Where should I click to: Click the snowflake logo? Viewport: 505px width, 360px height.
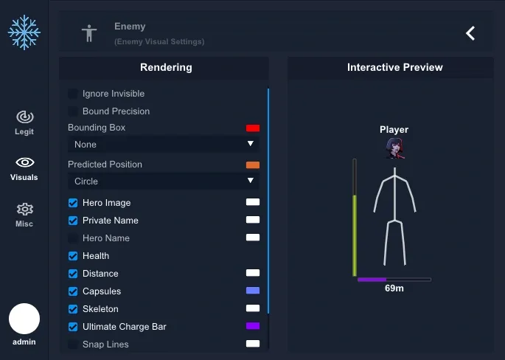pyautogui.click(x=24, y=32)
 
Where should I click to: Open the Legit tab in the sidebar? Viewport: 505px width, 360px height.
pyautogui.click(x=24, y=122)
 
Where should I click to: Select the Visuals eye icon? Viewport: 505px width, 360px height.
pyautogui.click(x=25, y=162)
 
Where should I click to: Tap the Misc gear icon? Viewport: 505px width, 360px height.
pyautogui.click(x=25, y=210)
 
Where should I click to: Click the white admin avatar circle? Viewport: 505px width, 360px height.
pyautogui.click(x=24, y=319)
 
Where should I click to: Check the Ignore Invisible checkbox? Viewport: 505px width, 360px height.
pyautogui.click(x=73, y=94)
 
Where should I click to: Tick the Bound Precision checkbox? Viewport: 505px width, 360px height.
pyautogui.click(x=73, y=111)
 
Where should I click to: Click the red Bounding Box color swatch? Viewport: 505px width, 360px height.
pyautogui.click(x=253, y=128)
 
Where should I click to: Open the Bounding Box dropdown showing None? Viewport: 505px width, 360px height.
pyautogui.click(x=163, y=144)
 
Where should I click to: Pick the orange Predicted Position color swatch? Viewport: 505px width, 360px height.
pyautogui.click(x=253, y=165)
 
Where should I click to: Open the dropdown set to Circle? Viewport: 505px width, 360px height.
pyautogui.click(x=163, y=181)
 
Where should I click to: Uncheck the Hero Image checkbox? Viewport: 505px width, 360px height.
pyautogui.click(x=73, y=203)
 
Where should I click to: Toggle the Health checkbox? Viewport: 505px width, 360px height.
pyautogui.click(x=73, y=256)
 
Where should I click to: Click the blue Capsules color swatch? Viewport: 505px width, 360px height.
pyautogui.click(x=253, y=291)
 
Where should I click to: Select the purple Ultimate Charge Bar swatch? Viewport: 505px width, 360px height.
pyautogui.click(x=253, y=326)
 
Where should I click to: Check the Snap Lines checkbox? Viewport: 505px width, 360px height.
pyautogui.click(x=73, y=345)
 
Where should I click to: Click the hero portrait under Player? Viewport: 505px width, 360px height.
pyautogui.click(x=395, y=148)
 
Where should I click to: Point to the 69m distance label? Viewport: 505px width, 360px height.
pyautogui.click(x=394, y=288)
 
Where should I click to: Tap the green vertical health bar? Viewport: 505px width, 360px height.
pyautogui.click(x=355, y=235)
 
